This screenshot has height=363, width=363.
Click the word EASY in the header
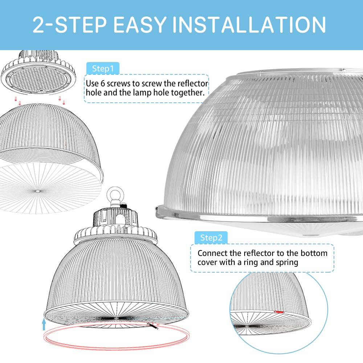tap(140, 25)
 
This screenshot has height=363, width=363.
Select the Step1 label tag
tap(103, 69)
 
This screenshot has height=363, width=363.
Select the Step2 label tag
tap(211, 237)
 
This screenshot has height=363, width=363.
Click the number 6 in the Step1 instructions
tap(103, 83)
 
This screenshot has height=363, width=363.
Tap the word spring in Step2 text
tap(287, 263)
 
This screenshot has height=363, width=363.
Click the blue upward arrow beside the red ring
tap(44, 324)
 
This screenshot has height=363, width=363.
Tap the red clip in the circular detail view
tap(279, 312)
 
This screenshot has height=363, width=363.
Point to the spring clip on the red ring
tap(153, 326)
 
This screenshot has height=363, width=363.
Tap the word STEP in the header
tap(81, 25)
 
